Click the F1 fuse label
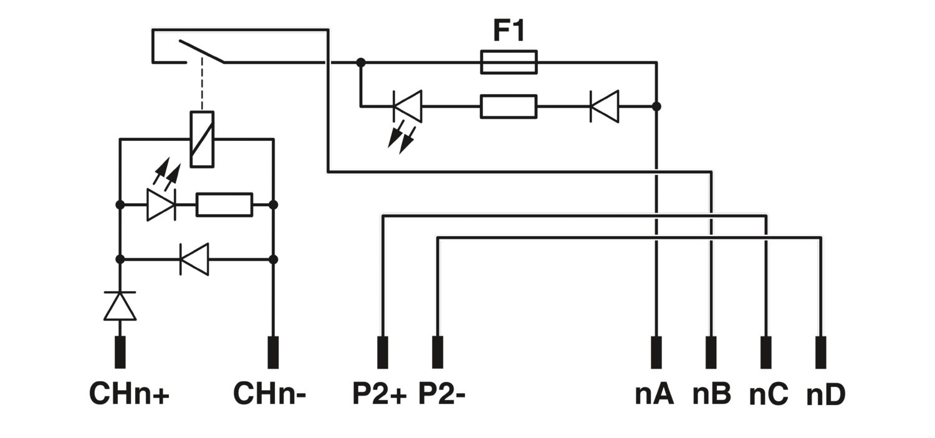click(509, 31)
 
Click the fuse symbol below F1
click(509, 62)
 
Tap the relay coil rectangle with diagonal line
click(202, 140)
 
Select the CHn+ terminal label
click(130, 393)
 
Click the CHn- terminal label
click(270, 393)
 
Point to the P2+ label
click(380, 393)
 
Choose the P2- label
click(441, 393)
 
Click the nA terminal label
click(654, 394)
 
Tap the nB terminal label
click(712, 394)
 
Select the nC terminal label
click(769, 394)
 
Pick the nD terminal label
click(826, 394)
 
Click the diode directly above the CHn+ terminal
click(120, 306)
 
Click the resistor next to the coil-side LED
click(224, 205)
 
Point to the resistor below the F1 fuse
click(509, 107)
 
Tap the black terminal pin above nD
click(821, 353)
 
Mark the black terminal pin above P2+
click(382, 353)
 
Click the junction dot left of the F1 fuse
click(361, 62)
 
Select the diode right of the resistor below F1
click(605, 107)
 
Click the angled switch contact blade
click(202, 51)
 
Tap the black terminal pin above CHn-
click(273, 353)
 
